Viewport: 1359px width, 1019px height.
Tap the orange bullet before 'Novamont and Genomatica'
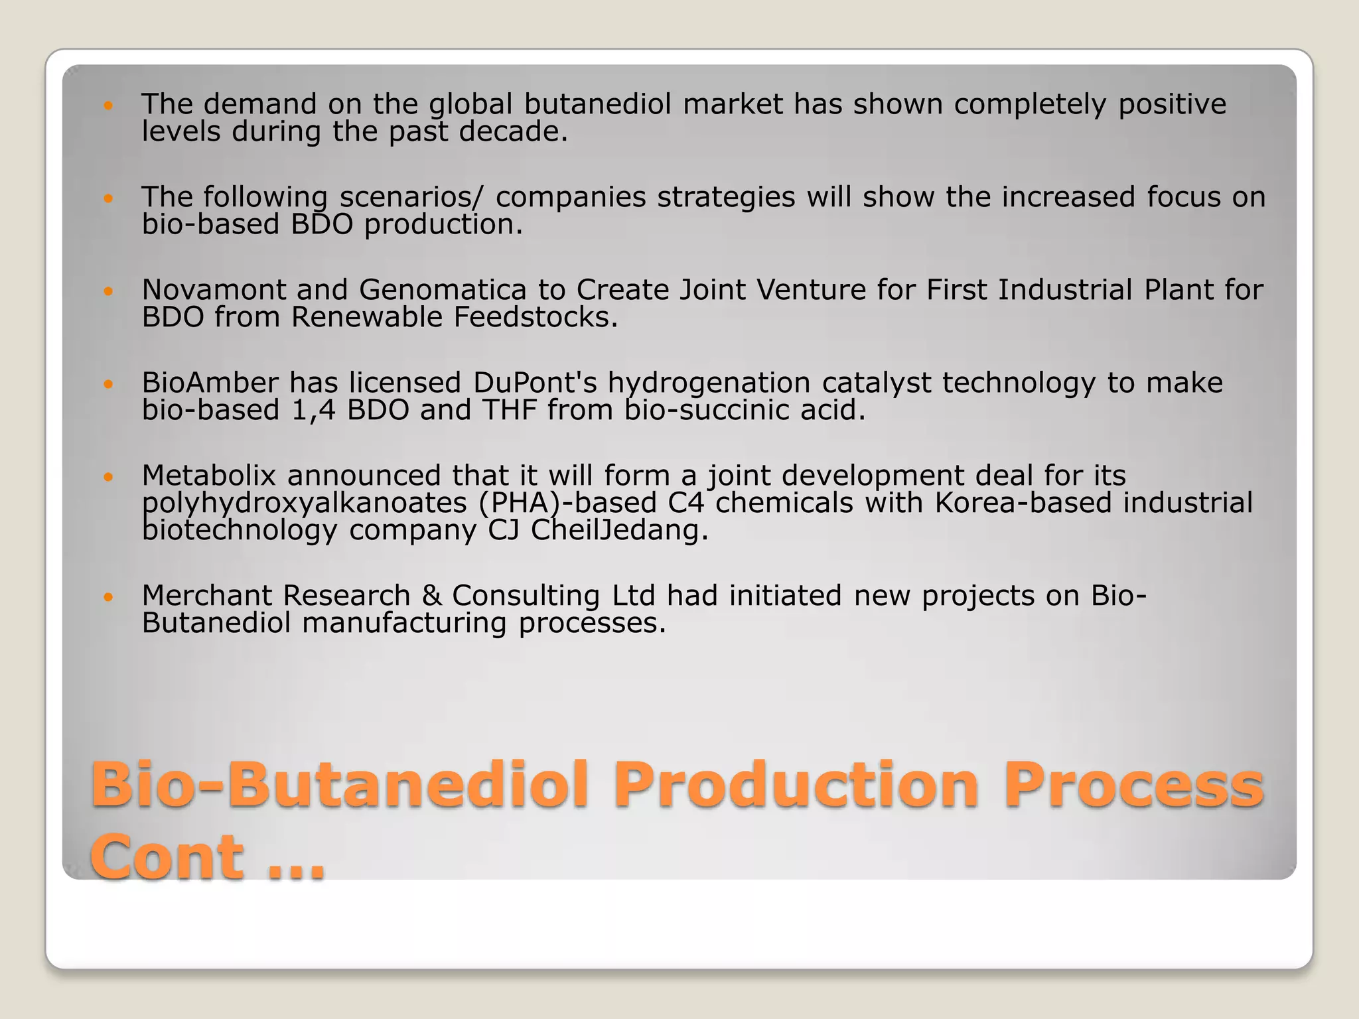[109, 291]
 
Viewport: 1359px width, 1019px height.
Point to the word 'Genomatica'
[443, 290]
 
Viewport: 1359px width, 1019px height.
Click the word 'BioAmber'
[209, 383]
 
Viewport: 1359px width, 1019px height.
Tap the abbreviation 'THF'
[509, 410]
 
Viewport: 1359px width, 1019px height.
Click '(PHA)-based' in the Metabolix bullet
[567, 503]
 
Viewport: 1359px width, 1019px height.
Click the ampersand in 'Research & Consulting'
[431, 596]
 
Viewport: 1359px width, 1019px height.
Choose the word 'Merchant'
[206, 596]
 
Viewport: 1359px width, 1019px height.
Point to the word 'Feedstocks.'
[536, 318]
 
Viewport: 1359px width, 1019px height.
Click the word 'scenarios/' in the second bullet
[411, 197]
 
